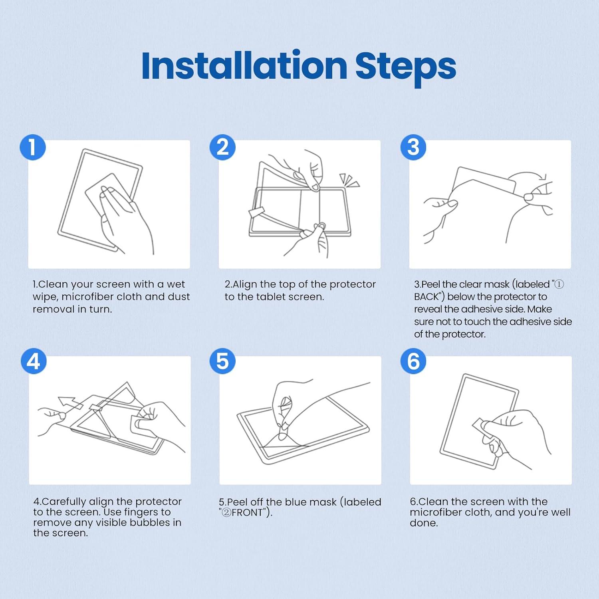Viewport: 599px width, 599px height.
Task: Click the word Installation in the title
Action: pos(244,66)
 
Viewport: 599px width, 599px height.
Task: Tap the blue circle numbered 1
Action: pos(33,147)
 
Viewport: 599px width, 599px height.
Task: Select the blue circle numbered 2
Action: pos(222,147)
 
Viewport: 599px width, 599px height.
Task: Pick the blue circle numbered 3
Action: pos(413,147)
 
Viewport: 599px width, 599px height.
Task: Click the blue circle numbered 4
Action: pos(34,361)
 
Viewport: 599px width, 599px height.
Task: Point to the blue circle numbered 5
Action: pos(222,361)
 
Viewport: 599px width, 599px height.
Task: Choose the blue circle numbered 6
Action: pos(413,361)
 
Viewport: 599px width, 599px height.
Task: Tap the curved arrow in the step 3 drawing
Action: pos(530,176)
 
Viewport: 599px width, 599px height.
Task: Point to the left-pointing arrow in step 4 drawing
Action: pos(70,402)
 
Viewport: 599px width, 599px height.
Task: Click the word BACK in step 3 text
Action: pos(426,297)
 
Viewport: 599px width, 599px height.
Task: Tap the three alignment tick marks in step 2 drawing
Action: pos(350,180)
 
